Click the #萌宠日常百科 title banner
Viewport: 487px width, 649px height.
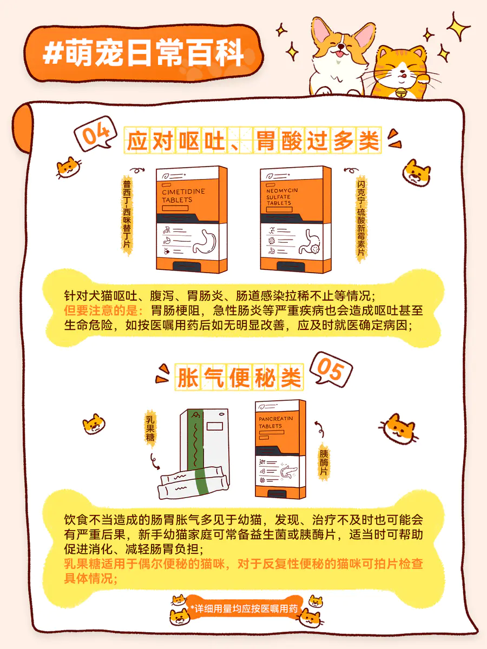[x=144, y=53]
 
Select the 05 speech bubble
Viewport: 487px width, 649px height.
[x=331, y=369]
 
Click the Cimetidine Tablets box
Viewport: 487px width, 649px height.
[x=192, y=219]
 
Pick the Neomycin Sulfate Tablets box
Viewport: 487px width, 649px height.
[x=295, y=219]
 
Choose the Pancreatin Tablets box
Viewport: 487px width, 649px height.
[x=280, y=449]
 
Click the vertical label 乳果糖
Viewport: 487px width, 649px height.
[x=150, y=428]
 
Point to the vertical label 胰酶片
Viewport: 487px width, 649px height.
[x=324, y=462]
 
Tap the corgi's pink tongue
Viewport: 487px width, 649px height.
[x=340, y=54]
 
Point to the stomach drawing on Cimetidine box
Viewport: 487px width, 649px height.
[x=205, y=242]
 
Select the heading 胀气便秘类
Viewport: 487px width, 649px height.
[x=239, y=378]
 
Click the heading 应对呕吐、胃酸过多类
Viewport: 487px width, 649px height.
[x=253, y=141]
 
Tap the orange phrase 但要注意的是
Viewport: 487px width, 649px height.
[x=103, y=310]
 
